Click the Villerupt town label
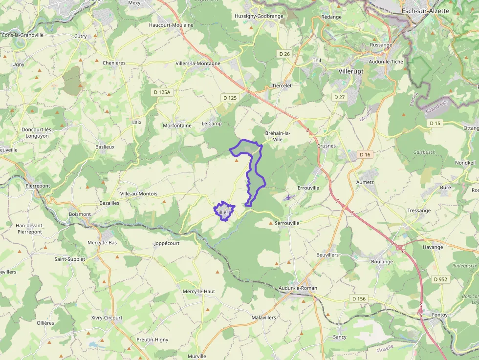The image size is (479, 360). pos(350,71)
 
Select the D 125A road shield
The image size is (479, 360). pos(161,92)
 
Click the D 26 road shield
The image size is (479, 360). pos(284,53)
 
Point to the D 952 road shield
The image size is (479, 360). pos(440,279)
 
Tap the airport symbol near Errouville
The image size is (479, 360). pos(289,197)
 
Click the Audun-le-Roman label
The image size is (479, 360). pos(298,288)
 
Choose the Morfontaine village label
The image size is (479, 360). pos(177,126)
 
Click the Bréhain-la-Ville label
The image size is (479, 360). pos(278,136)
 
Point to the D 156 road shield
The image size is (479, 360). pos(359,298)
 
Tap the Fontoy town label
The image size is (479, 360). pos(440,315)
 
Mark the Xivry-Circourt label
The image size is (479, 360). pos(107,318)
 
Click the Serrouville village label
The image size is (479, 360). pos(286,223)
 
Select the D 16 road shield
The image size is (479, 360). pos(365,154)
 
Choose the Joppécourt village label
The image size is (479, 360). pos(167,243)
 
